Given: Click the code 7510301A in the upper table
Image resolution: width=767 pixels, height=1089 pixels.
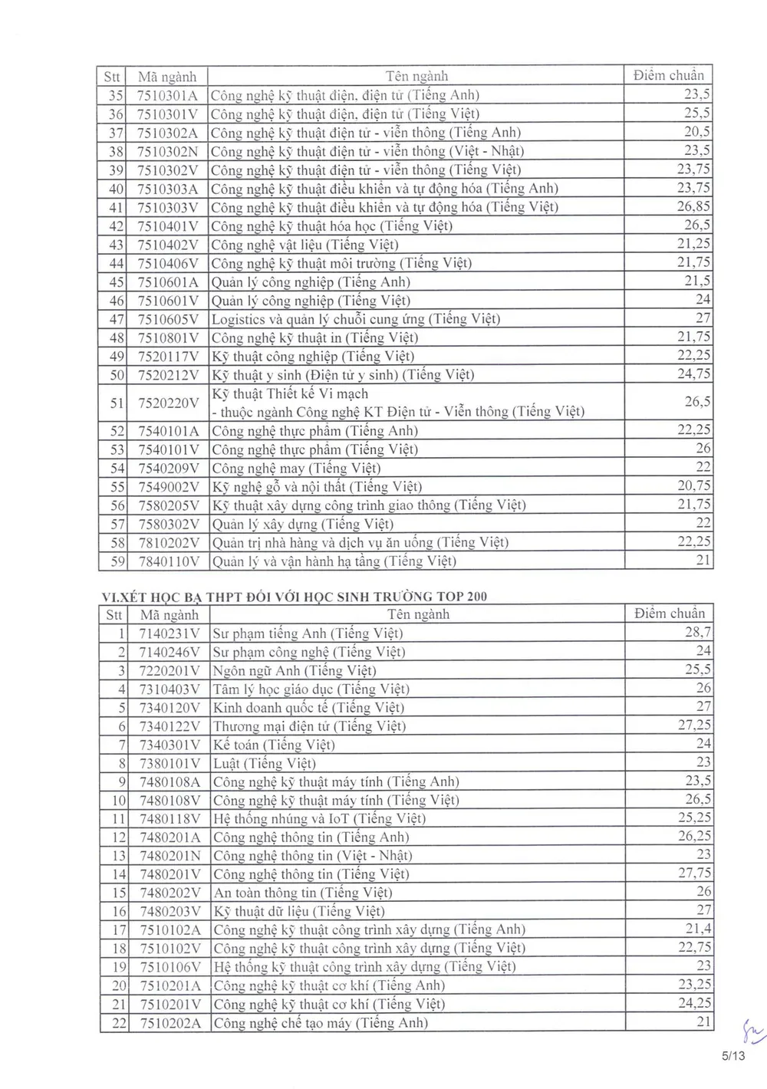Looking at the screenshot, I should point(167,95).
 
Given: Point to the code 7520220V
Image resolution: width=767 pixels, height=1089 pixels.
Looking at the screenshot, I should point(167,403).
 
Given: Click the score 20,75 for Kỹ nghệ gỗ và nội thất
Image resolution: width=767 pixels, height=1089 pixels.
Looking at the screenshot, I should point(693,486).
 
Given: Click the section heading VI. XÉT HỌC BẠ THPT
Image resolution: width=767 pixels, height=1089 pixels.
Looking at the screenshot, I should point(295,597).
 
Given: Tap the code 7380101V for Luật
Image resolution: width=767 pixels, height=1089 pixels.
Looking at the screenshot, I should point(169,763).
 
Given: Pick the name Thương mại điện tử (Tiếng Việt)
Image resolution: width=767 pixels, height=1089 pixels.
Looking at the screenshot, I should point(309,726).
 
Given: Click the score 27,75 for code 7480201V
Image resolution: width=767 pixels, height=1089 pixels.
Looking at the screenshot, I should point(694,874).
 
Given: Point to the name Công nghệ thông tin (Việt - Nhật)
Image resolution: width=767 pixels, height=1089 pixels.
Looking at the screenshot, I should point(312,855).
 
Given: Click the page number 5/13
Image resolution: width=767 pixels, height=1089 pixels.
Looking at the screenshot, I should point(733,1056).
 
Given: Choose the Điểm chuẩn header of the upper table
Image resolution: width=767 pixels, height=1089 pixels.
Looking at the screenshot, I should point(668,75).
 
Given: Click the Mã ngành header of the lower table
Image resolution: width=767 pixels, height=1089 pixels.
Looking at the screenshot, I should point(169,614).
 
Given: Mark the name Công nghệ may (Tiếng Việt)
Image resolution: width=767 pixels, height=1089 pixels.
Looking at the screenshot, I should point(296,468).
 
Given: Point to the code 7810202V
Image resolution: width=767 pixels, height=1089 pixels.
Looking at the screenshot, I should point(167,542).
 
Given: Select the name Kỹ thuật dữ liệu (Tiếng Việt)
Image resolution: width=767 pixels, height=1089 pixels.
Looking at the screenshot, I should point(298,911).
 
